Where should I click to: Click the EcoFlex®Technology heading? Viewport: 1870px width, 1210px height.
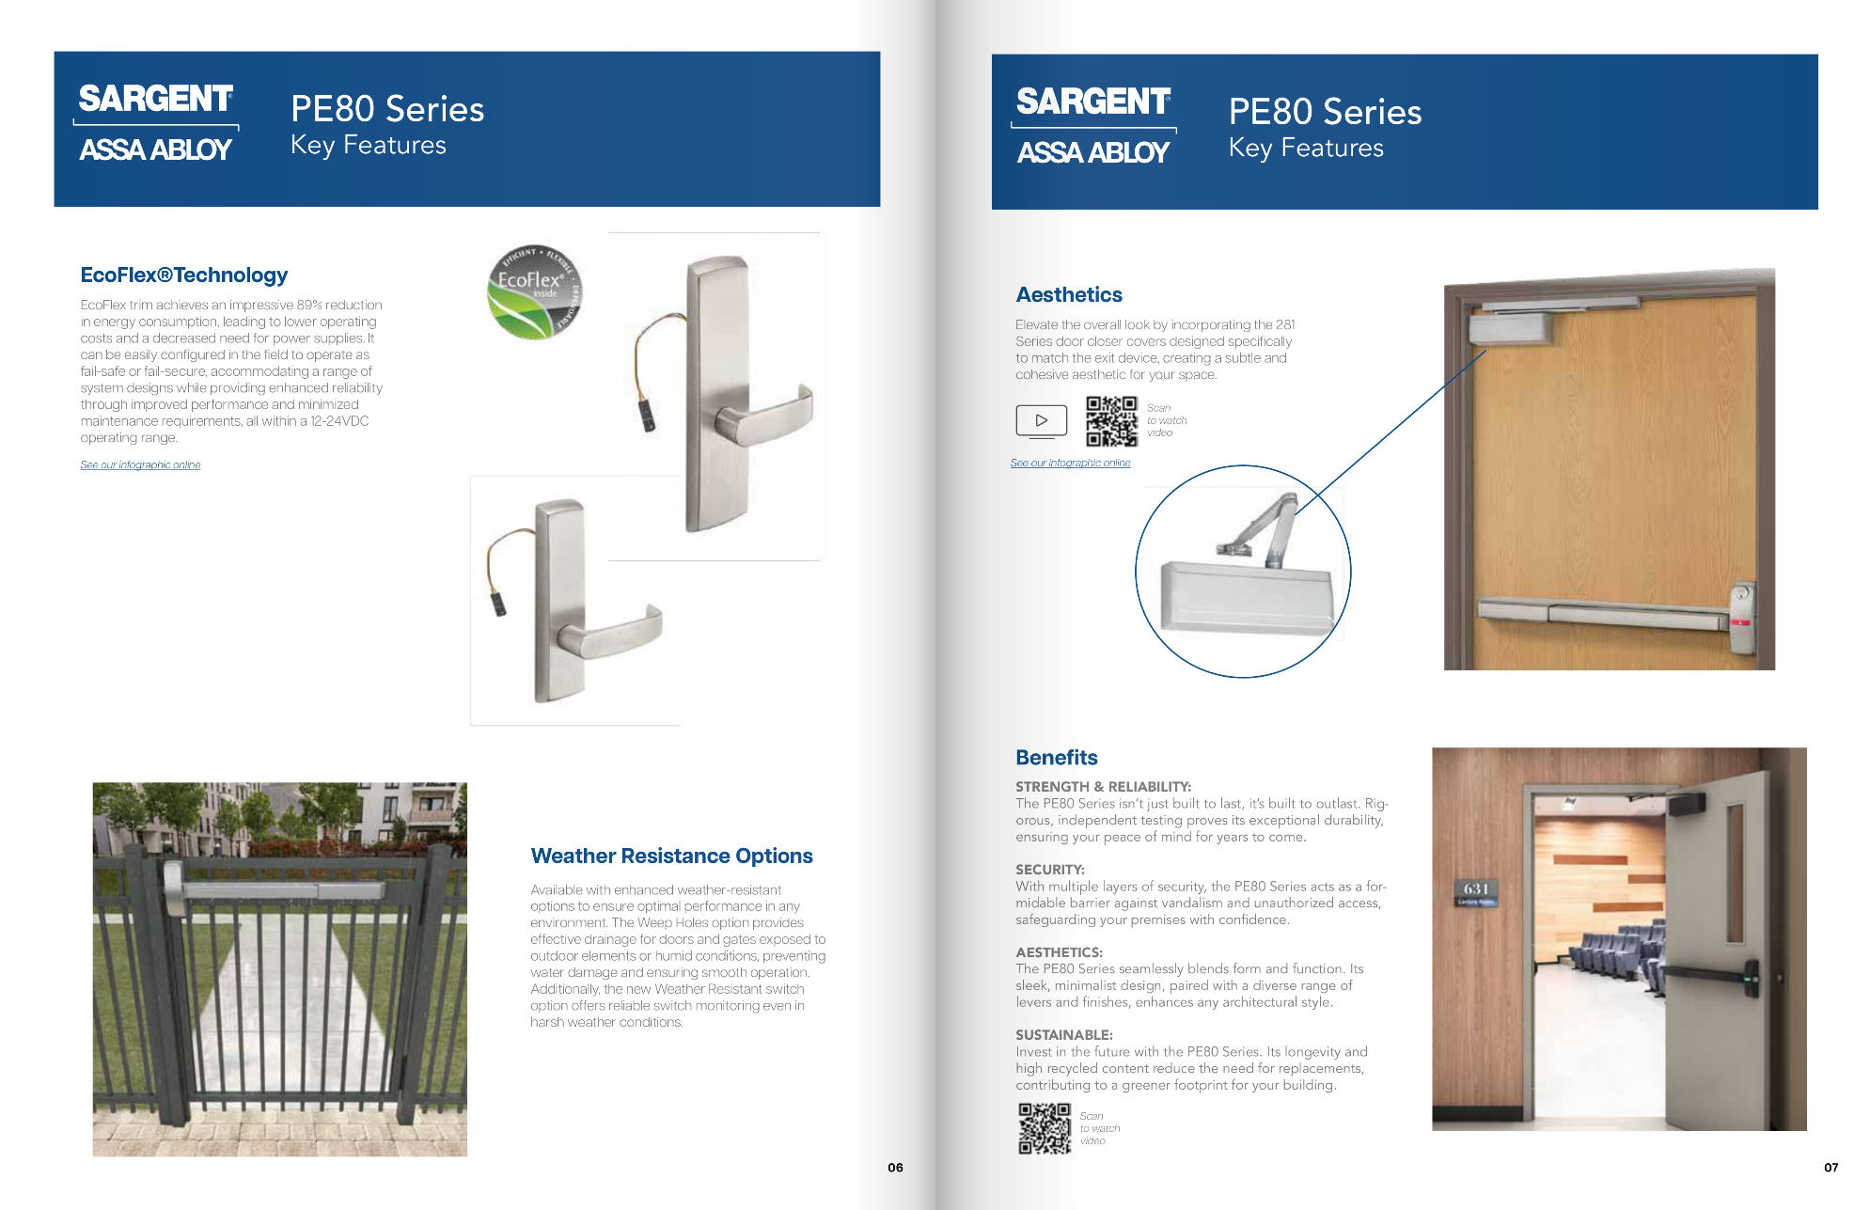[184, 275]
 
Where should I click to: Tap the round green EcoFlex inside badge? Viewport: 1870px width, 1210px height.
[534, 291]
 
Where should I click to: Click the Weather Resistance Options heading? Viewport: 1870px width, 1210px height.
[671, 856]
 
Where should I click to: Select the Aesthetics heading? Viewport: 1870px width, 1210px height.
[1069, 295]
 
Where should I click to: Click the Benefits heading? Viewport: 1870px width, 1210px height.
[1056, 758]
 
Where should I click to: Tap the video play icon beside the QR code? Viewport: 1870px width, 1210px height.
[1041, 420]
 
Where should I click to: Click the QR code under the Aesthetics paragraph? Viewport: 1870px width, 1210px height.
[1111, 420]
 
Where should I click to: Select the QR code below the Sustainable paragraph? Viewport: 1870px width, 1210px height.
[1045, 1128]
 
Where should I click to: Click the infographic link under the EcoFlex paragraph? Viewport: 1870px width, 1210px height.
[140, 465]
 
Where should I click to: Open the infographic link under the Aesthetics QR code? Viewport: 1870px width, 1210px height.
[1070, 464]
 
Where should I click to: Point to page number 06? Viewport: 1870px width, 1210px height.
[895, 1168]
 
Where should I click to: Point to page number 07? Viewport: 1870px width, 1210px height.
[1831, 1168]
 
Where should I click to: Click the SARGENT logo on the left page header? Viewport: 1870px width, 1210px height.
[155, 99]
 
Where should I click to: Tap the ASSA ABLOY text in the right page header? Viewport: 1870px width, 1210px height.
[1092, 152]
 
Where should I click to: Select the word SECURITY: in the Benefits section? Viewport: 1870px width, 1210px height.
[1049, 870]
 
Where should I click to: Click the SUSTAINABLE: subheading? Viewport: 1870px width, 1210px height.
[1063, 1035]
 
